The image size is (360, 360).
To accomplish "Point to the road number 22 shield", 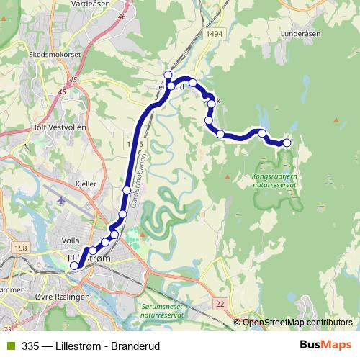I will [220, 305].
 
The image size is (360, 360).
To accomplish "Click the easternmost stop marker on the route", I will [287, 143].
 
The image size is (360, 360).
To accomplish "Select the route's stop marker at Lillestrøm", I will [74, 266].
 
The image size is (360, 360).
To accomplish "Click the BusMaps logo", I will [327, 345].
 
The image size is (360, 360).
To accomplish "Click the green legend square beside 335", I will [9, 345].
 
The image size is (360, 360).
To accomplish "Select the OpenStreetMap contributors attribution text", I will [297, 323].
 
